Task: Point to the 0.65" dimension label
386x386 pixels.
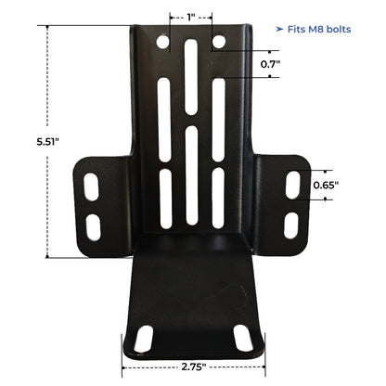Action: tap(325, 184)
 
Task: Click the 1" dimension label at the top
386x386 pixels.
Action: tap(190, 17)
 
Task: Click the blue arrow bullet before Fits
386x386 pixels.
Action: tap(279, 31)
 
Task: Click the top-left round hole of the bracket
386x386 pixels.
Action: tap(163, 44)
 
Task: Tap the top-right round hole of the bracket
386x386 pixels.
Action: tap(219, 43)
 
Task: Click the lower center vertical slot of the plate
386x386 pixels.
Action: tap(191, 173)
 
